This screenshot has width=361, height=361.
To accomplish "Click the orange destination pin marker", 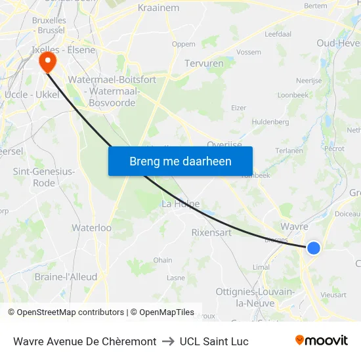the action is point(48,63).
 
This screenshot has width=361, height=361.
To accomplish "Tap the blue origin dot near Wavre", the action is point(314,248).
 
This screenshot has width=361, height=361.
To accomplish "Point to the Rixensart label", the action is point(212,232).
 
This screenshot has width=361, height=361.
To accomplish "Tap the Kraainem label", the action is point(158,8).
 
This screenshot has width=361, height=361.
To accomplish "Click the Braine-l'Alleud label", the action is point(66,277).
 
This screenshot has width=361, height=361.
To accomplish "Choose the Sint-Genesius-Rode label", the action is point(44,177).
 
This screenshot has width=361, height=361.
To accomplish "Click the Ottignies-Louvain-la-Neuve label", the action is point(255,297).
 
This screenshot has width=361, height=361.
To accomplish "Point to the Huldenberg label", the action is point(270,122).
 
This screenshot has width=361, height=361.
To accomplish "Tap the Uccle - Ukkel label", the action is point(32,95).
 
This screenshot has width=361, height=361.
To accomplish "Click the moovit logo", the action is point(322,341).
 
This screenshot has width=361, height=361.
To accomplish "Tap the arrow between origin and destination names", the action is point(167,341).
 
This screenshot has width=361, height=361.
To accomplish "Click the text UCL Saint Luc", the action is point(214,341).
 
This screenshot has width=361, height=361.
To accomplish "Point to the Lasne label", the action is point(176,278).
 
